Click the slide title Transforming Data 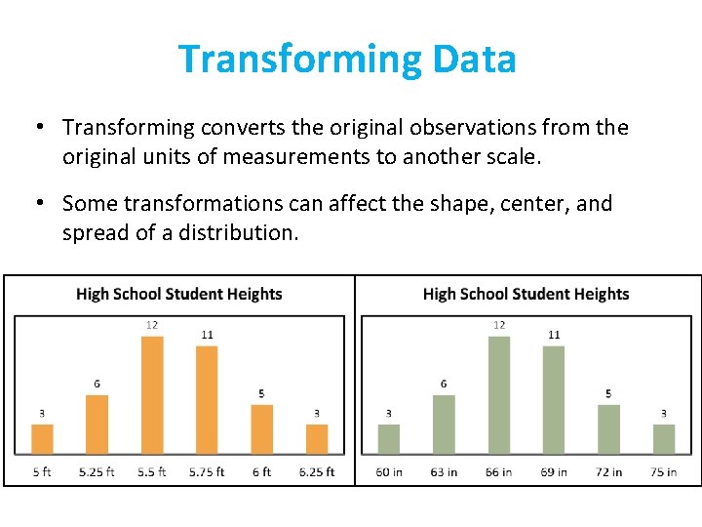(x=347, y=60)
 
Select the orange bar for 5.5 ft (x=152, y=395)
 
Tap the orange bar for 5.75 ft (x=207, y=400)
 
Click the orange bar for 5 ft (x=42, y=439)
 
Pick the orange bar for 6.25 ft (x=317, y=439)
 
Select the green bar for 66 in (x=499, y=395)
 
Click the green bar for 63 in (x=444, y=425)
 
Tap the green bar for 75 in (x=664, y=439)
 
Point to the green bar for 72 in (x=608, y=429)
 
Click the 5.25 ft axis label (x=97, y=471)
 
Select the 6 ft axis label (x=262, y=471)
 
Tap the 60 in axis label (x=389, y=471)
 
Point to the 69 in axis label (x=554, y=471)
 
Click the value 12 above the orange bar (x=152, y=325)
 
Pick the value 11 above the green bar (x=554, y=335)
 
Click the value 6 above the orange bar (x=97, y=384)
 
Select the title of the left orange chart (x=178, y=294)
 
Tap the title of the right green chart (x=526, y=294)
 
